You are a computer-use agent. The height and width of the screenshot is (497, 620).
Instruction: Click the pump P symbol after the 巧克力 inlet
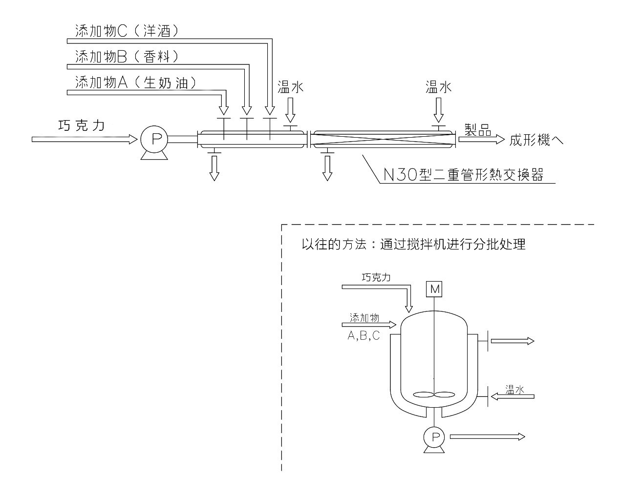point(155,140)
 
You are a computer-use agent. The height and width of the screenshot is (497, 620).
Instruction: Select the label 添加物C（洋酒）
point(127,31)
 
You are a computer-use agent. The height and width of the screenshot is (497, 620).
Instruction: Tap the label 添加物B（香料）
point(127,57)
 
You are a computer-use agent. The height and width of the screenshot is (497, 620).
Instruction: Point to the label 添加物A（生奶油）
point(135,83)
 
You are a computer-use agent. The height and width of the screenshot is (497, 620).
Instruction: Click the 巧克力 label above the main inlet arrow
point(81,125)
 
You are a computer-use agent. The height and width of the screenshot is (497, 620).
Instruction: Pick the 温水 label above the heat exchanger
point(438,87)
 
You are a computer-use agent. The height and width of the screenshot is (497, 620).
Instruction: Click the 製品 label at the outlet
point(477,129)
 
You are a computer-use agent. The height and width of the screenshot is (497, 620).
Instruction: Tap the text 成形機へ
point(536,141)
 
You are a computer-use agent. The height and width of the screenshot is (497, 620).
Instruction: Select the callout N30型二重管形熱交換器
point(463,175)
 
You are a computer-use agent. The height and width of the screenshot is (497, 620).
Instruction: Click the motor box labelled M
point(434,289)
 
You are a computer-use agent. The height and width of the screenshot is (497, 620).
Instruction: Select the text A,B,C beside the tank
point(363,335)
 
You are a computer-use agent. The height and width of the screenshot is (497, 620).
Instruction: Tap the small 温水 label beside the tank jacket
point(514,389)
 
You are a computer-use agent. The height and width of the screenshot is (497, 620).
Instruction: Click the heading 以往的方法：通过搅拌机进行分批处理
point(413,245)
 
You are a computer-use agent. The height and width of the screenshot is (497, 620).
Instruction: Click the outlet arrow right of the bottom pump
point(487,436)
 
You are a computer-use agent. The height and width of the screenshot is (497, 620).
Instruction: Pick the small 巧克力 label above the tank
point(376,277)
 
